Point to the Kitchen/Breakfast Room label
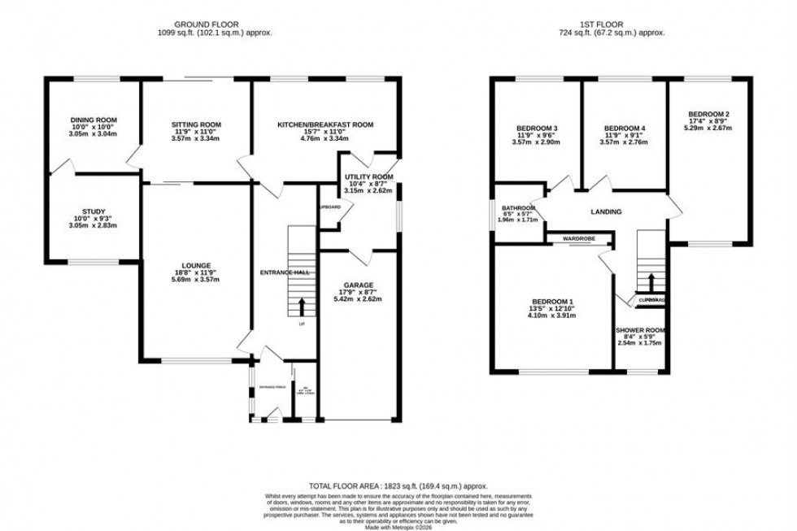(x=325, y=124)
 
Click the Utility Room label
(x=368, y=176)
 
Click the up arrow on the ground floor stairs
(x=302, y=306)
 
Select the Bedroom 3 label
(x=537, y=128)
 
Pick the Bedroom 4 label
(x=625, y=128)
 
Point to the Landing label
(x=606, y=212)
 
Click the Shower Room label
(x=641, y=330)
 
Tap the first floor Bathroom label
(x=517, y=206)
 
